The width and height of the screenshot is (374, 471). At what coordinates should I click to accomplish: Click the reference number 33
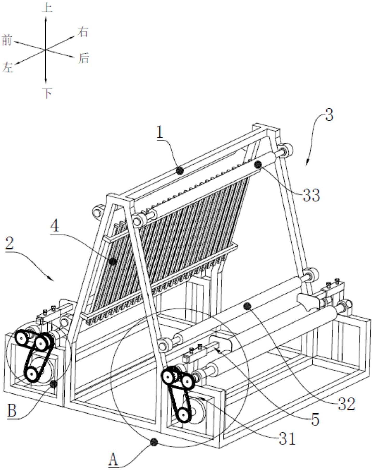311,195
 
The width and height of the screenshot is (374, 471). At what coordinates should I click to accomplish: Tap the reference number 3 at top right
329,115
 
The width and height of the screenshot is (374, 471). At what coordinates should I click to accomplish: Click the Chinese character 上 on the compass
47,8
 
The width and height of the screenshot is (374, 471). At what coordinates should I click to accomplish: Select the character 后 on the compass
83,58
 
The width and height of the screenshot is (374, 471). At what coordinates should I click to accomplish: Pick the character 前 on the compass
7,41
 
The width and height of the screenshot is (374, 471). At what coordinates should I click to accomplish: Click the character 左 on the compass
8,68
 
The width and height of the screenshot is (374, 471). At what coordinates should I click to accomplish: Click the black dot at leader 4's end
113,261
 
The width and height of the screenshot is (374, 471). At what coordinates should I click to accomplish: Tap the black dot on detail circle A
154,442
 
